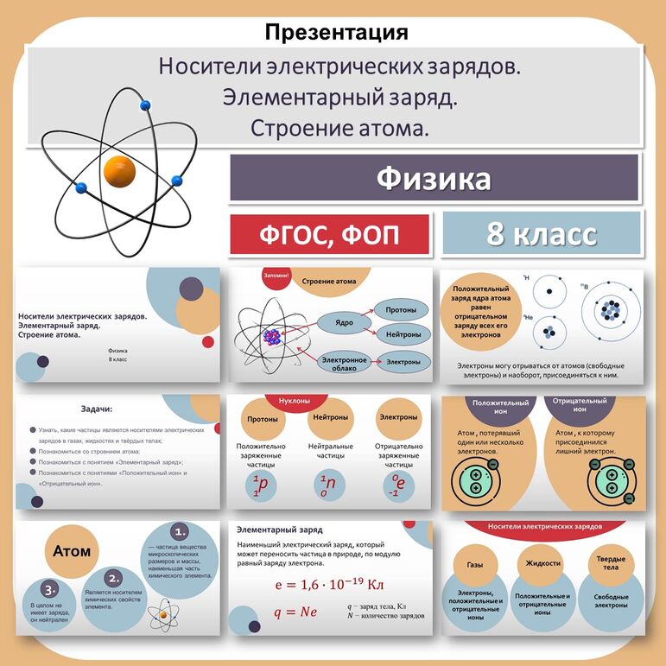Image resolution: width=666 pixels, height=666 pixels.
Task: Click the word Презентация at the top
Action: pos(336,33)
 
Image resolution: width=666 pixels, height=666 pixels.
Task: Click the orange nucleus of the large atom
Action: pos(119,169)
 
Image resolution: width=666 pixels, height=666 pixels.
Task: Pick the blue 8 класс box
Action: pos(542,233)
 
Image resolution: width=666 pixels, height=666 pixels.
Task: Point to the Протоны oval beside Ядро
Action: pos(403,309)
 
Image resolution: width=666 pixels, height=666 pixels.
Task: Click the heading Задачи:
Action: pos(98,409)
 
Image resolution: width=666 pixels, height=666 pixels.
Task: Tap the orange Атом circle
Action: pos(72,550)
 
